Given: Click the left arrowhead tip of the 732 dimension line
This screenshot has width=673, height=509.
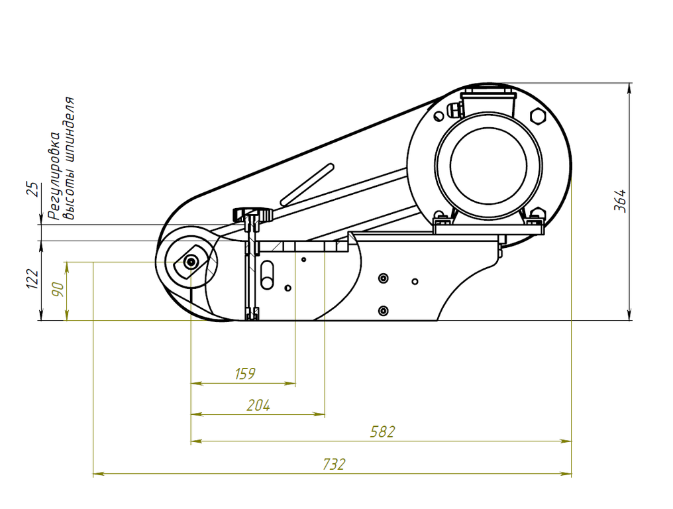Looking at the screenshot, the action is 93,475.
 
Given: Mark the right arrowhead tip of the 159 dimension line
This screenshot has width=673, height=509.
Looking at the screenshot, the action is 295,383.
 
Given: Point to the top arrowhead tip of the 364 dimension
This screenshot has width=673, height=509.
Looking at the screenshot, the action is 629,83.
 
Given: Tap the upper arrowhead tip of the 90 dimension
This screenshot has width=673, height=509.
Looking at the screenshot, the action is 66,262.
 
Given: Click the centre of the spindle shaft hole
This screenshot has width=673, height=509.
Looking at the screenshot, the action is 191,262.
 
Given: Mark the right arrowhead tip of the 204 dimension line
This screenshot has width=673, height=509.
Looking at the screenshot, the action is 325,414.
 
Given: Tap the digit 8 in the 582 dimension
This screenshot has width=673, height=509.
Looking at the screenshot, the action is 382,431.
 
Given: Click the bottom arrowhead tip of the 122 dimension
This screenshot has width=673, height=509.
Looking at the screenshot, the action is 42,320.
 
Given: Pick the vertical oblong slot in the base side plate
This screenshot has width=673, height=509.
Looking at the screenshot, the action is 267,275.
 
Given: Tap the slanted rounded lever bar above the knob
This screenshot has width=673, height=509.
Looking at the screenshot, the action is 307,184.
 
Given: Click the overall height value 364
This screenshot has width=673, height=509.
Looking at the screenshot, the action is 620,201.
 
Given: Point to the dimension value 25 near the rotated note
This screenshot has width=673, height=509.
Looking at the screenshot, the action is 32,190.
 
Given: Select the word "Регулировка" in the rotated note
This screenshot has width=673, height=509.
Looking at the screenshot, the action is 54,176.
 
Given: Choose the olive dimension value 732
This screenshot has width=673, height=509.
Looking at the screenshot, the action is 334,465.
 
